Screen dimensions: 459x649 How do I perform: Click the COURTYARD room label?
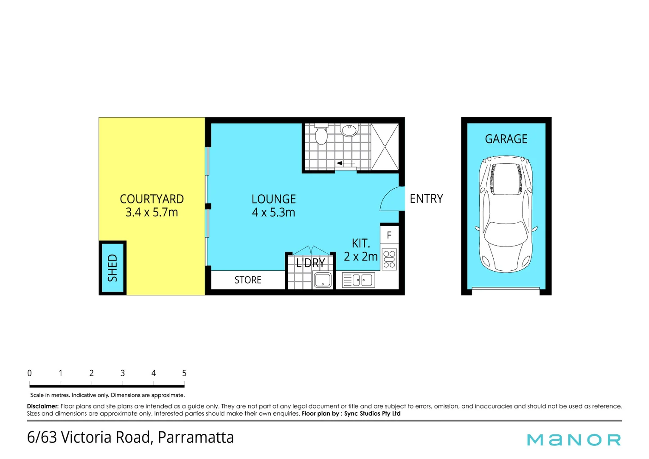click(x=152, y=199)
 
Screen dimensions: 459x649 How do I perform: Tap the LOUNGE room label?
click(x=273, y=199)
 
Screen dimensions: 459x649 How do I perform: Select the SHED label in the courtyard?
click(x=112, y=268)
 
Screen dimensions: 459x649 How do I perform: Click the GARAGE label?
click(x=506, y=139)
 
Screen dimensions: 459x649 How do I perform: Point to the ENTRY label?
click(x=426, y=198)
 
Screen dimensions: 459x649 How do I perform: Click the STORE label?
click(x=248, y=280)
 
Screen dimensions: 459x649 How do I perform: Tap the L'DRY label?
click(x=310, y=263)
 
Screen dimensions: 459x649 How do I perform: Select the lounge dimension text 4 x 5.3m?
click(x=273, y=212)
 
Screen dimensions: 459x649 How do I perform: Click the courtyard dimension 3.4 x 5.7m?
click(x=152, y=212)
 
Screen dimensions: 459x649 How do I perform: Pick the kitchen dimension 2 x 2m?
click(x=360, y=257)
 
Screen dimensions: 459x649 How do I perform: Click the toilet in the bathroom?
click(x=321, y=134)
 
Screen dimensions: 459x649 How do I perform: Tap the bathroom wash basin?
click(x=349, y=130)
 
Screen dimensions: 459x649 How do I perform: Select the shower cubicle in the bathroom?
click(x=385, y=147)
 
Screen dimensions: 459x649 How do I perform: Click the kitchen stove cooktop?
click(x=389, y=259)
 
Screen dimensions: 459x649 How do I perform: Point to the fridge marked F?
click(x=389, y=235)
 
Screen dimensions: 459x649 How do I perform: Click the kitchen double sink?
click(x=359, y=280)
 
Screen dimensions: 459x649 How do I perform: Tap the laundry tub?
click(x=323, y=280)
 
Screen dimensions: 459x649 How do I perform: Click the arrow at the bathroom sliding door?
click(x=346, y=163)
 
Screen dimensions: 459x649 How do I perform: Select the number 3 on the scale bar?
click(x=122, y=373)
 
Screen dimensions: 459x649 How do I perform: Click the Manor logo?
click(x=574, y=439)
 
